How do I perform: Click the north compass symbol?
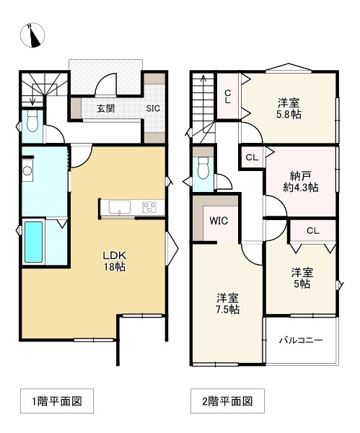(32, 35)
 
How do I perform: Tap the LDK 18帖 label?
(115, 261)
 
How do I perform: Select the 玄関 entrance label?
(106, 108)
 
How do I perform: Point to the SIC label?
(153, 108)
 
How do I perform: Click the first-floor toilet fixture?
(32, 121)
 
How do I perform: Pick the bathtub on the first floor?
(34, 242)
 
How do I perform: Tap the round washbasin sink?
(27, 170)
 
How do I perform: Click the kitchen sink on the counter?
(120, 207)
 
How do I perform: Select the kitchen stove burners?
(149, 207)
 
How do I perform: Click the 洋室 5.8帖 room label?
(289, 108)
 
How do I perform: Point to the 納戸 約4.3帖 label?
(301, 181)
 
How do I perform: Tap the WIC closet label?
(219, 221)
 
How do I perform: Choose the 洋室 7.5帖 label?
(227, 304)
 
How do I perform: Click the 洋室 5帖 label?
(302, 278)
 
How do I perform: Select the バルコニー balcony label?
(301, 340)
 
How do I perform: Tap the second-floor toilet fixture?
(203, 168)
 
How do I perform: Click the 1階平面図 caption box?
(57, 401)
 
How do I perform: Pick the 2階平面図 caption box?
(227, 401)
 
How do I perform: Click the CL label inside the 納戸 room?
(252, 157)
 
